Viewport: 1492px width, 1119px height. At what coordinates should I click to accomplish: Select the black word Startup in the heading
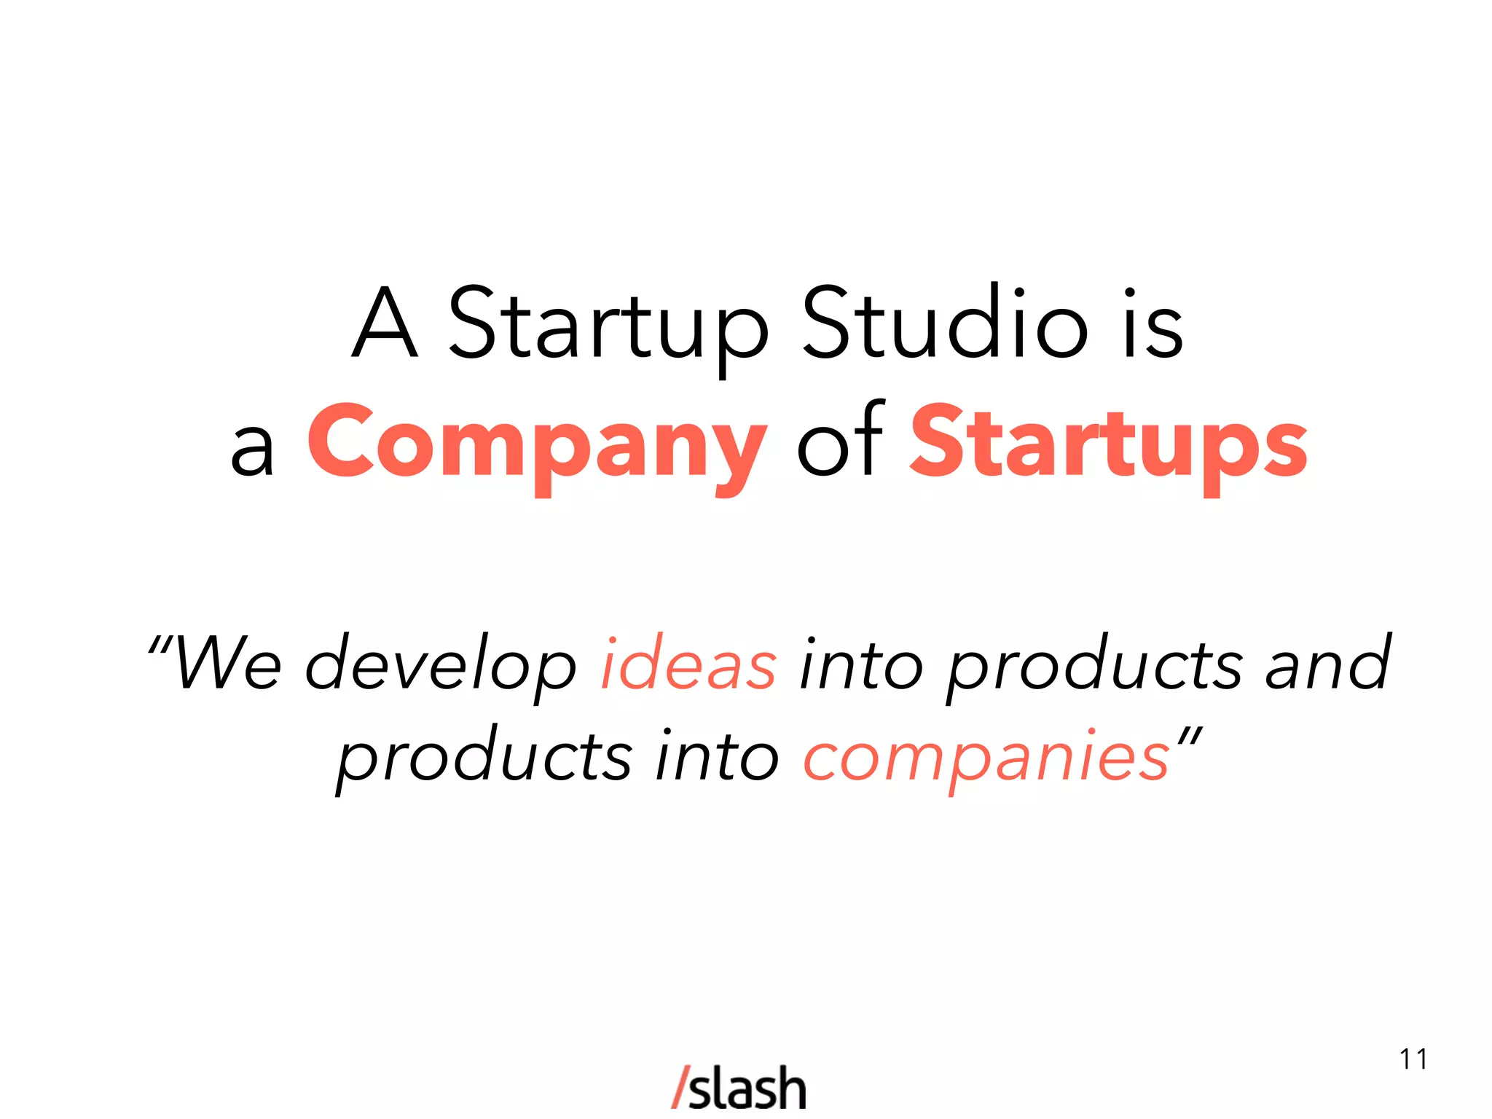(608, 325)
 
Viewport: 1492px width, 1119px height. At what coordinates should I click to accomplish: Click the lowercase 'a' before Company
(252, 447)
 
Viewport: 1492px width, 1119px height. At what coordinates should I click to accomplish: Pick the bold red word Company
(537, 444)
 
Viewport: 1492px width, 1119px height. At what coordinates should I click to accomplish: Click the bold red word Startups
(1109, 444)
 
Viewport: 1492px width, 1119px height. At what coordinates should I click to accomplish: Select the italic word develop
(441, 667)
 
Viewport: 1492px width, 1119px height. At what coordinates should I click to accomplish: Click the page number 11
(1413, 1059)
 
